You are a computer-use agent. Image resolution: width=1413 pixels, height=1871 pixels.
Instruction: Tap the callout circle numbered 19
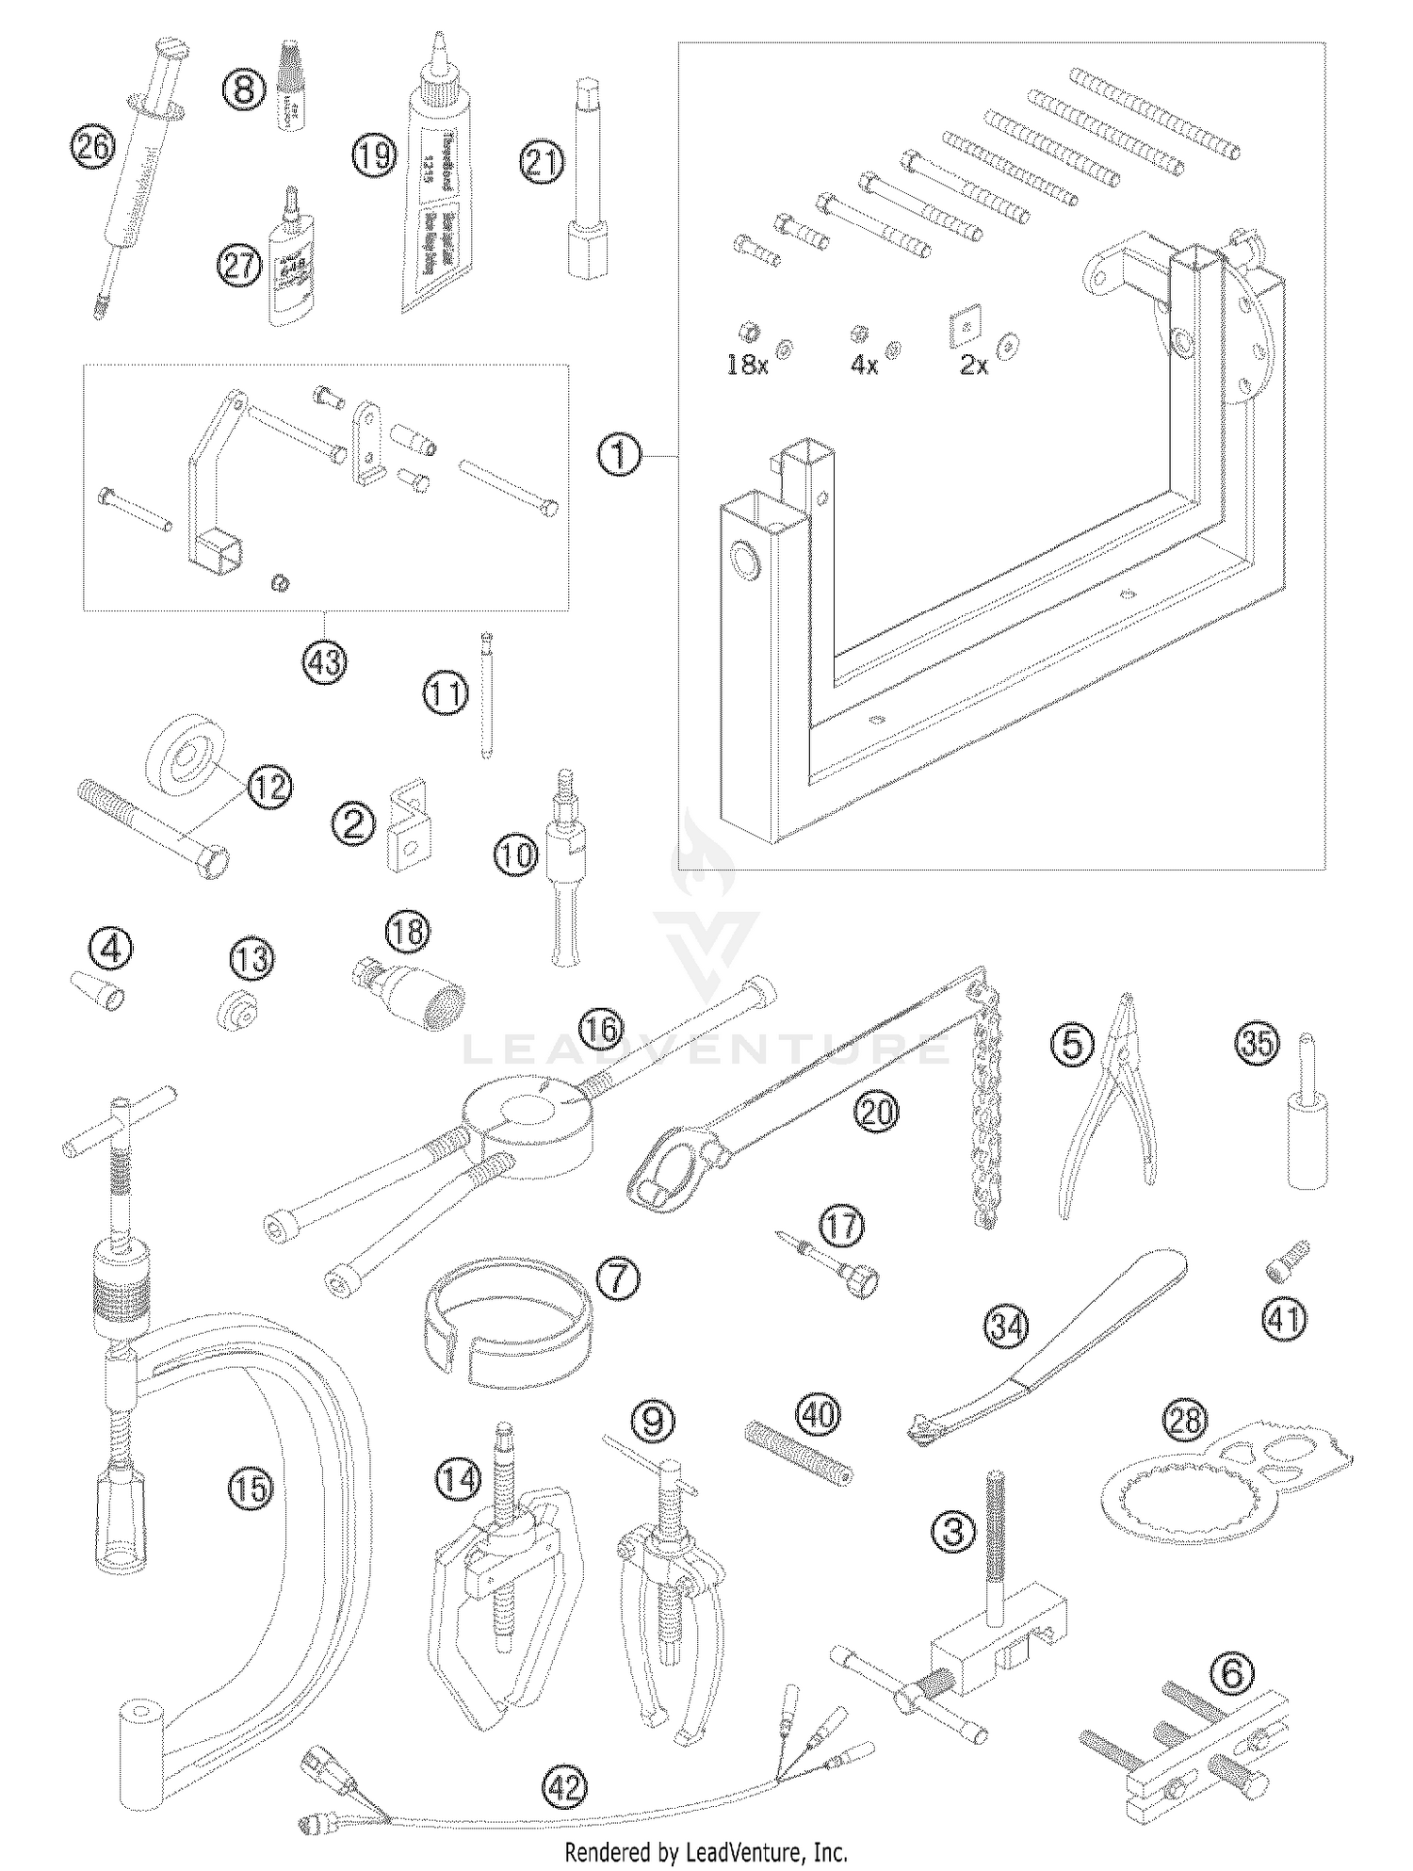[x=374, y=155]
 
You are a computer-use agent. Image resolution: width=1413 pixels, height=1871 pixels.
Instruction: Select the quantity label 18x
[x=746, y=366]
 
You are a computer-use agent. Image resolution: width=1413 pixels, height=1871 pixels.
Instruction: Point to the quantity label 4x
[x=864, y=366]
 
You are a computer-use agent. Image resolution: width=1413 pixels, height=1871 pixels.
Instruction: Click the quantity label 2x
[x=974, y=366]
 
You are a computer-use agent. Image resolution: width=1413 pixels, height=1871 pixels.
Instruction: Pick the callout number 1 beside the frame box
[x=619, y=456]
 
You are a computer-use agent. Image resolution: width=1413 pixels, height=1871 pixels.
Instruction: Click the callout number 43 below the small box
[x=324, y=663]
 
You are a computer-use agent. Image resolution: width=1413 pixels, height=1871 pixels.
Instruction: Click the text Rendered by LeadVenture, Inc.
[x=706, y=1852]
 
